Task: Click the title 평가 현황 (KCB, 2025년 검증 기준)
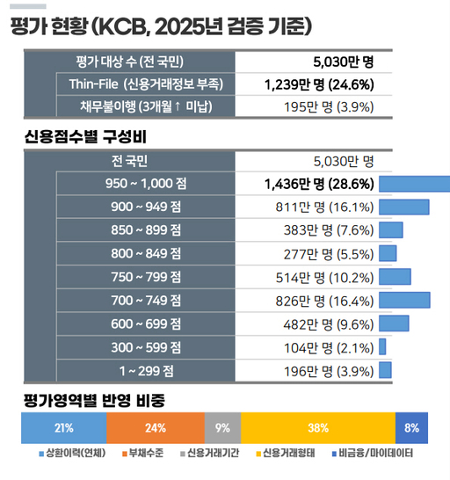(x=162, y=26)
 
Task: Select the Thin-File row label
(x=145, y=84)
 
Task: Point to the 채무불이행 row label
(x=145, y=107)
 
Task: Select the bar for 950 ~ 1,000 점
(x=413, y=184)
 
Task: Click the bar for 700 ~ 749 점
(x=404, y=300)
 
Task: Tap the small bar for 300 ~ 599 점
(x=382, y=346)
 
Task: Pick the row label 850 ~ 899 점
(x=145, y=230)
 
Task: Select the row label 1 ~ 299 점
(x=145, y=369)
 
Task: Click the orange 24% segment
(x=156, y=428)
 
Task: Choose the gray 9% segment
(x=222, y=428)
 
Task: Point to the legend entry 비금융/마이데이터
(x=373, y=455)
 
